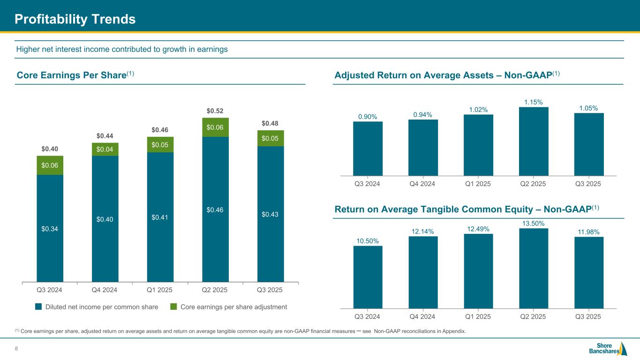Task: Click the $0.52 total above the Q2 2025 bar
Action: [215, 111]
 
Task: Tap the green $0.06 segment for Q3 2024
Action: [50, 165]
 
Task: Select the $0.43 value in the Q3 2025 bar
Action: [271, 214]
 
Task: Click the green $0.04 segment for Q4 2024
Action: [105, 150]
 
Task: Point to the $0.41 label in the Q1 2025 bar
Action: [160, 217]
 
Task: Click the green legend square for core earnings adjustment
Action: [173, 307]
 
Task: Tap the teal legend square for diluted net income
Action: [38, 307]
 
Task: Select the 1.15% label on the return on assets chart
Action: [534, 102]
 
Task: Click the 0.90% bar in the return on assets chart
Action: [368, 148]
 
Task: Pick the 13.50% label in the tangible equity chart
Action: [534, 224]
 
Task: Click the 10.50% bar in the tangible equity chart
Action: [368, 277]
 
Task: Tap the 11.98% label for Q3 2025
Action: [589, 232]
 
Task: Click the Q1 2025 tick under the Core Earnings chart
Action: [160, 290]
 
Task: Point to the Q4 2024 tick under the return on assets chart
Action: [423, 183]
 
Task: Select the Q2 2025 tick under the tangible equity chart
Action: [534, 316]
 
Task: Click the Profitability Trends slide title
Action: [75, 19]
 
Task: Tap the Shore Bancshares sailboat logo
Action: [623, 349]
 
